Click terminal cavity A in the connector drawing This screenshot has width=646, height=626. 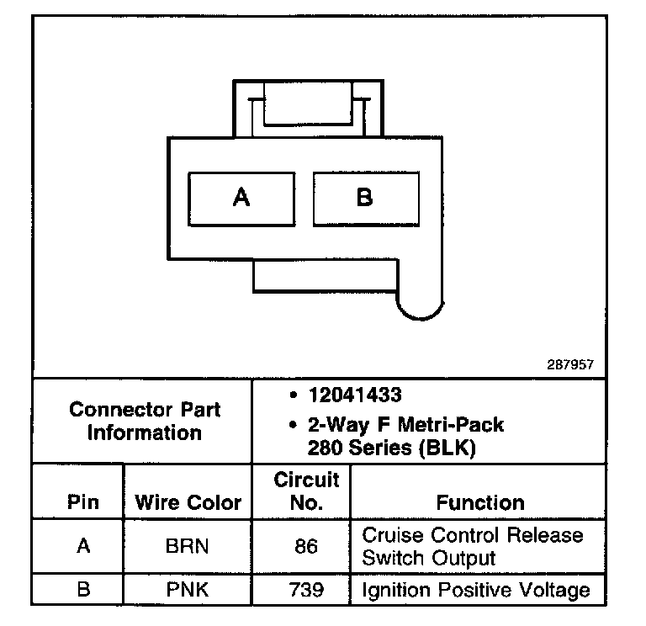pyautogui.click(x=241, y=199)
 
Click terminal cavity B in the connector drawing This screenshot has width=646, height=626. pyautogui.click(x=364, y=199)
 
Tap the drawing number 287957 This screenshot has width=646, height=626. pyautogui.click(x=569, y=365)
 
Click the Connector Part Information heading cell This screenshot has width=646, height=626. pyautogui.click(x=145, y=422)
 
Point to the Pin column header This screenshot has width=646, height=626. pyautogui.click(x=82, y=503)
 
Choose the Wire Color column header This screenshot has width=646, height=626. pyautogui.click(x=188, y=503)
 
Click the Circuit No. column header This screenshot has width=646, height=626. pyautogui.click(x=306, y=491)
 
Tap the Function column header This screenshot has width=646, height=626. pyautogui.click(x=480, y=503)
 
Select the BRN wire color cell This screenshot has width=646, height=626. pyautogui.click(x=188, y=546)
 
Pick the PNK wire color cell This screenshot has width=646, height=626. pyautogui.click(x=188, y=589)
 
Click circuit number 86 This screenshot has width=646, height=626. pyautogui.click(x=306, y=546)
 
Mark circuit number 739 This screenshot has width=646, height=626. pyautogui.click(x=306, y=589)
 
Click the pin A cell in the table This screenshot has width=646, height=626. pyautogui.click(x=82, y=546)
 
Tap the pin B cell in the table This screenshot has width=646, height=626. pyautogui.click(x=82, y=589)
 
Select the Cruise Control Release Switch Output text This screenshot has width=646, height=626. pyautogui.click(x=472, y=546)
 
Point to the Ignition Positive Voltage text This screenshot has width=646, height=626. pyautogui.click(x=475, y=589)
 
